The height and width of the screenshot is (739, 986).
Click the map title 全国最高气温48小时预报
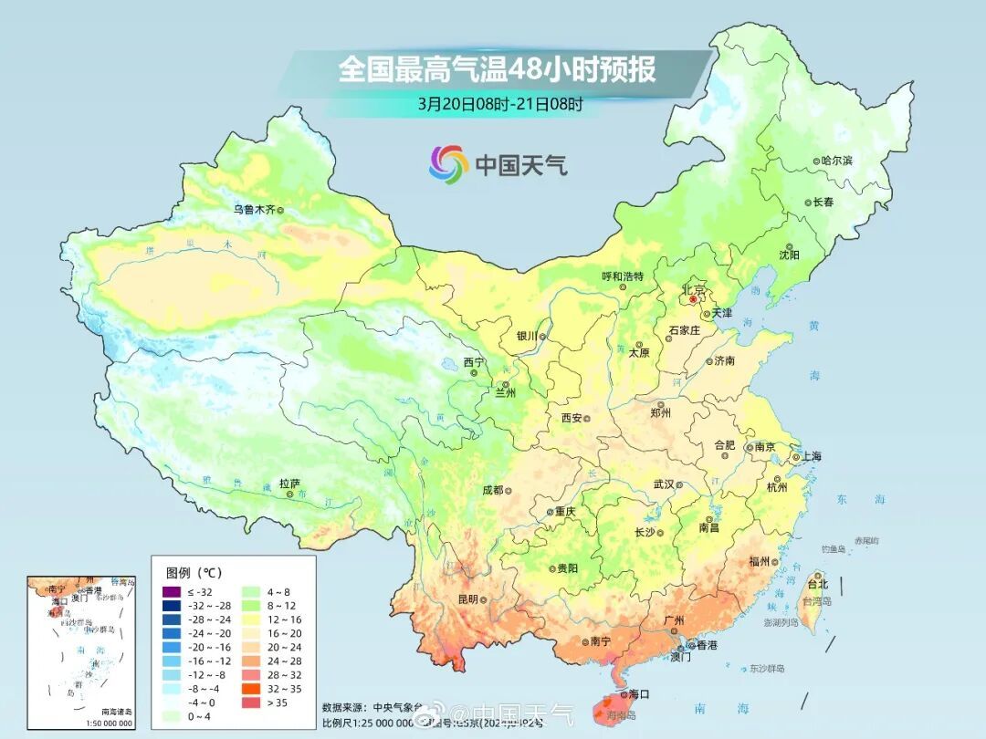pos(497,69)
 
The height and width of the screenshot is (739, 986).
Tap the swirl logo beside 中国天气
pos(448,164)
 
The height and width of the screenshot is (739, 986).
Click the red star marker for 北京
pos(693,298)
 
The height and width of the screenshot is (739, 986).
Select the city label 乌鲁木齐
pos(253,209)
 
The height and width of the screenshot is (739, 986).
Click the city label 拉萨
pos(289,484)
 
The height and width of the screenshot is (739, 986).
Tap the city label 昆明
pos(467,599)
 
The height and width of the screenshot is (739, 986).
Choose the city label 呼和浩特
pos(623,276)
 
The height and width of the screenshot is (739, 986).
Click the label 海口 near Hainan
pos(639,694)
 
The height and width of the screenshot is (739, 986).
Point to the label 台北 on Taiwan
pos(817,584)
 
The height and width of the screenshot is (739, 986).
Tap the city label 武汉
pos(663,484)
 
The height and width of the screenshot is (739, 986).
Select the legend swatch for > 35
pos(249,703)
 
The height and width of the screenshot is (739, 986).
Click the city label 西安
pos(572,418)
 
